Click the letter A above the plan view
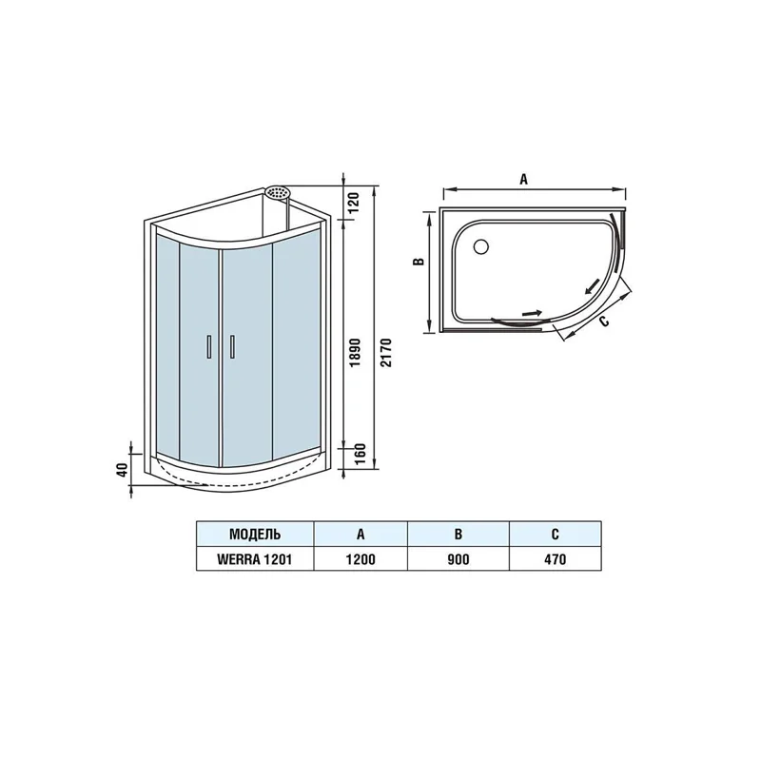[x=525, y=178]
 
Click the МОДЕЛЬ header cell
[x=254, y=532]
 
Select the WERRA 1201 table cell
[x=254, y=558]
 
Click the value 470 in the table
[x=555, y=558]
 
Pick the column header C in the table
[x=555, y=532]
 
